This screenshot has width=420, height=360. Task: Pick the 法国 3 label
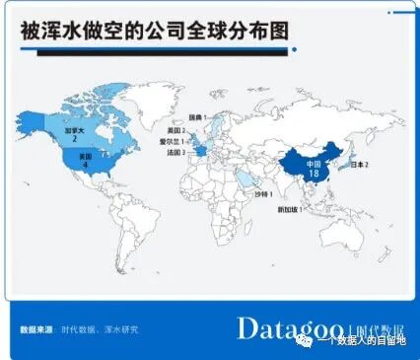pyautogui.click(x=177, y=153)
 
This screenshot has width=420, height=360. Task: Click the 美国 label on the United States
pyautogui.click(x=85, y=156)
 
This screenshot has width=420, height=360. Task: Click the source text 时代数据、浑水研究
pyautogui.click(x=101, y=328)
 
